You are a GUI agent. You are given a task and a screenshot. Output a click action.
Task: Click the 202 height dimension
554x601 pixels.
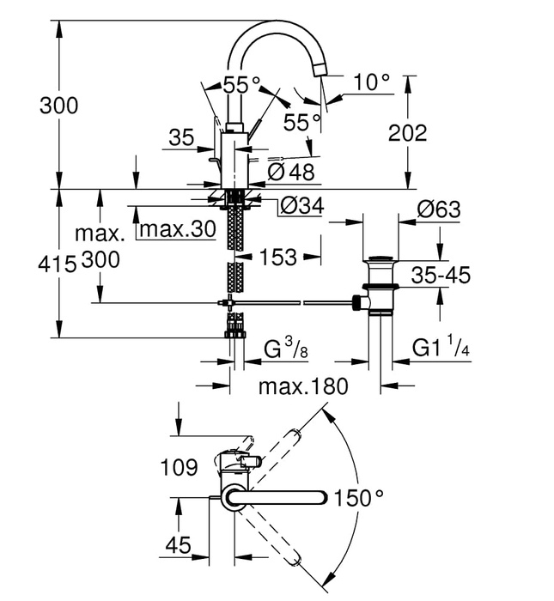407,133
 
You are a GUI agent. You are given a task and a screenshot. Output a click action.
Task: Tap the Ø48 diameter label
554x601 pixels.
291,172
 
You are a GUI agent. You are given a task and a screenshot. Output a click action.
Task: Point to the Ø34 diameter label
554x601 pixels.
302,207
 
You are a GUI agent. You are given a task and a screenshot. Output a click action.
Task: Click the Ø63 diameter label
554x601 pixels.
438,210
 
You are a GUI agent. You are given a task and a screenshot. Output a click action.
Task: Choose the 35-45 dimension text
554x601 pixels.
439,276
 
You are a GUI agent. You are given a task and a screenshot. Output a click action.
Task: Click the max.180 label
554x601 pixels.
303,386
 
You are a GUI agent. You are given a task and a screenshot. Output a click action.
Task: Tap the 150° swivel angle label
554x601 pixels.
358,498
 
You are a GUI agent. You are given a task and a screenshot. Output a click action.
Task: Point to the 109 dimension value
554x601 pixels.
180,467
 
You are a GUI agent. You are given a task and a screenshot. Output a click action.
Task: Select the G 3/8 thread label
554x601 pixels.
284,349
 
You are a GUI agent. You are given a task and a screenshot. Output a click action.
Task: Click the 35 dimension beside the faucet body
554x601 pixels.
181,137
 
